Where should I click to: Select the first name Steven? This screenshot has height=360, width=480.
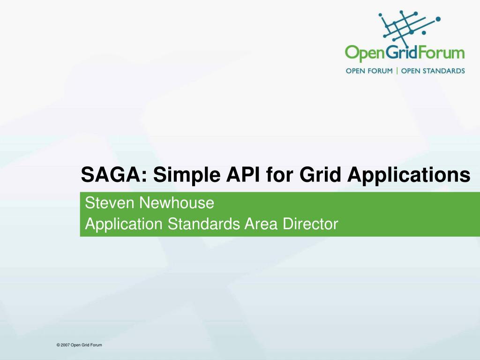(108, 203)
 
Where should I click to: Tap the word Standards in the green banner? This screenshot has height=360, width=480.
(203, 224)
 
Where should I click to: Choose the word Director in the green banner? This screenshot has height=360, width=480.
(310, 224)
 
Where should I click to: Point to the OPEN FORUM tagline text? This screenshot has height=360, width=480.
(369, 71)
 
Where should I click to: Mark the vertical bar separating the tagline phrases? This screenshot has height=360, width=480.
(397, 71)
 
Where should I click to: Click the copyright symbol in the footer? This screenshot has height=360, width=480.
(58, 345)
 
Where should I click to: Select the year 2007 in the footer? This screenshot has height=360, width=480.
(65, 345)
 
